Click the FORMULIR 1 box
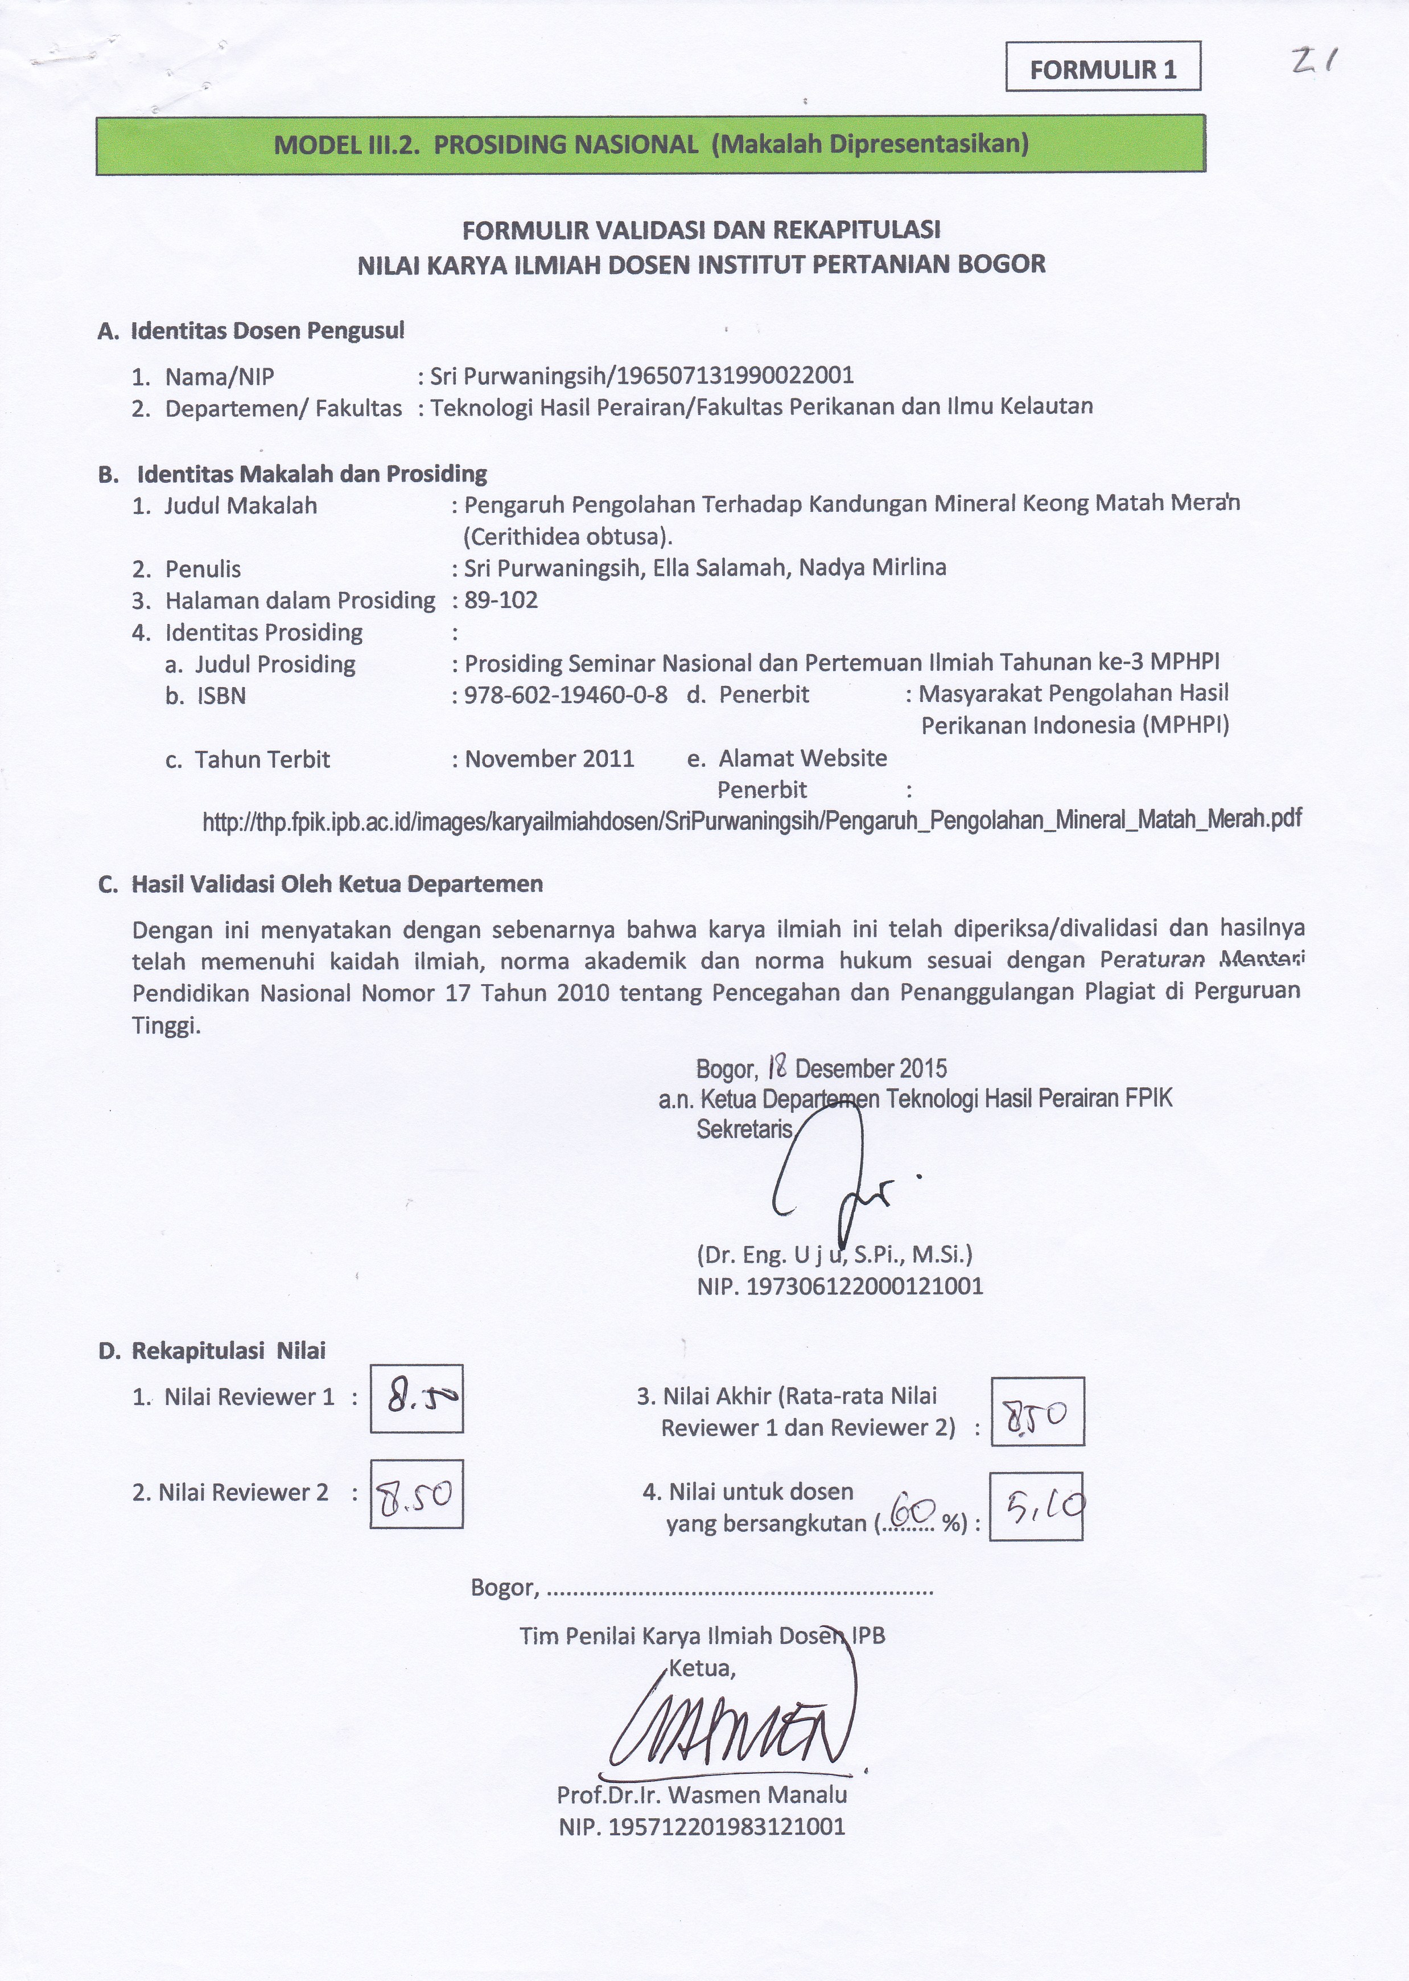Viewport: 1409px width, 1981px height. point(1103,67)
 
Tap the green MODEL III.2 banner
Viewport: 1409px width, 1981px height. point(650,144)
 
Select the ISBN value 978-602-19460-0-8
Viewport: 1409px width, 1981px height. point(566,695)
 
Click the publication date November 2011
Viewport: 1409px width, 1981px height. point(549,759)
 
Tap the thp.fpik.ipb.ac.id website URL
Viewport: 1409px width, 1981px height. point(751,820)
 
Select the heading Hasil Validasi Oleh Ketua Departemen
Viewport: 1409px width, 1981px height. point(337,884)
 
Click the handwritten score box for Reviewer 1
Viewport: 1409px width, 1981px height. point(417,1398)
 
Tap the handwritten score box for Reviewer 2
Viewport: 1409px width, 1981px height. point(417,1493)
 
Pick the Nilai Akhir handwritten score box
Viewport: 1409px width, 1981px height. point(1037,1411)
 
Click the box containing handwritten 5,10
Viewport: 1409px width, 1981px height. point(1037,1506)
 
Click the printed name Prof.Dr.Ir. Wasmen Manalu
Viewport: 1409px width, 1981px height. point(702,1794)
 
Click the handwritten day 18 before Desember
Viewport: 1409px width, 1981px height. point(777,1066)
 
